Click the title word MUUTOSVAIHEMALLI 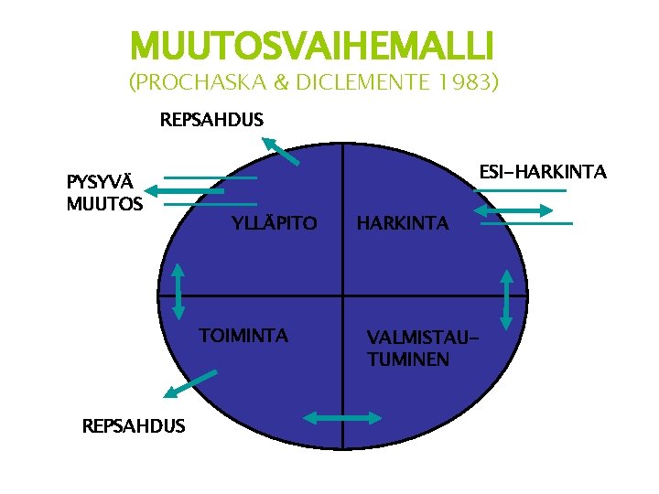point(312,44)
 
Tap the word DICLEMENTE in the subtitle point(366,84)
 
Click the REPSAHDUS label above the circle point(211,120)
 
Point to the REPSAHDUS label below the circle point(133,425)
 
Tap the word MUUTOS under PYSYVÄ point(104,203)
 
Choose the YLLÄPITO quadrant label point(275,223)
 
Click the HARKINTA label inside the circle point(403,223)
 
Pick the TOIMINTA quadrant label point(244,336)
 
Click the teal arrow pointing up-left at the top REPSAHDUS point(281,150)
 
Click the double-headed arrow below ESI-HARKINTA point(514,210)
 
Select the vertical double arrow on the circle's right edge point(507,298)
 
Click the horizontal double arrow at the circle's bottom point(341,418)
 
